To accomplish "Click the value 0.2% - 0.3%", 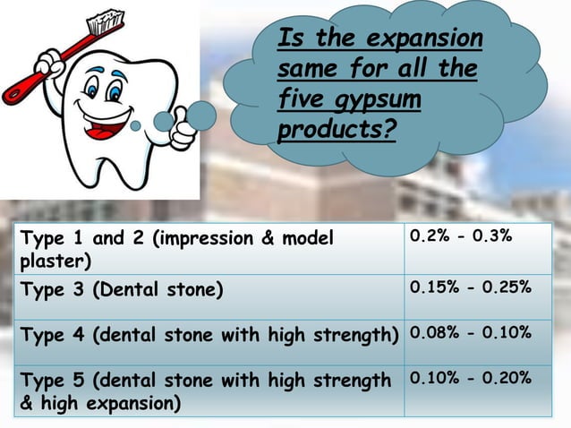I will pos(460,238).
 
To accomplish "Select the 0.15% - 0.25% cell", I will pos(470,288).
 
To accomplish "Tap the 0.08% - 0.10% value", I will pos(470,333).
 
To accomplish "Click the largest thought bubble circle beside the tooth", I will pos(200,114).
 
